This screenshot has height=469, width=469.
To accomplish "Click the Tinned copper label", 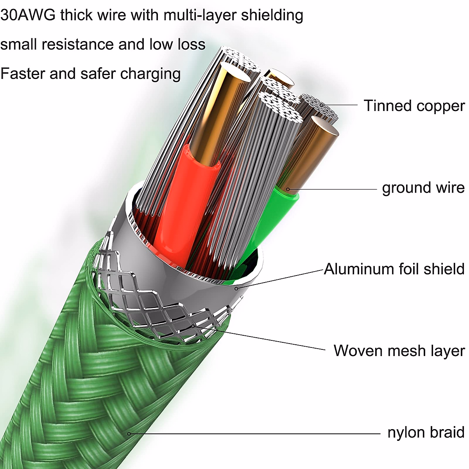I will [x=414, y=106].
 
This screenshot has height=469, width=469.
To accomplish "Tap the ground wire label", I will [x=423, y=188].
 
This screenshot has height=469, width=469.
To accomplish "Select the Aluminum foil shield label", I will [x=394, y=269].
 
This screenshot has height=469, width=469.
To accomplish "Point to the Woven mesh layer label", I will [x=399, y=351].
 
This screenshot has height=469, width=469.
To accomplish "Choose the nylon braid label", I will [x=426, y=433].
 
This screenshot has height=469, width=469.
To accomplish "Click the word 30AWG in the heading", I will [x=28, y=15].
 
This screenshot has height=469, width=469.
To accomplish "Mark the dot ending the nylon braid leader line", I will [x=129, y=433].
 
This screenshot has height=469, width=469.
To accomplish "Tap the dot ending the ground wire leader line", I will [x=288, y=190].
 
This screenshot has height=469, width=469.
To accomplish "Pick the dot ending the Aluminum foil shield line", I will [x=236, y=288].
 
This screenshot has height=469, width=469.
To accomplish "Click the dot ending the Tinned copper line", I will [x=322, y=105].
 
